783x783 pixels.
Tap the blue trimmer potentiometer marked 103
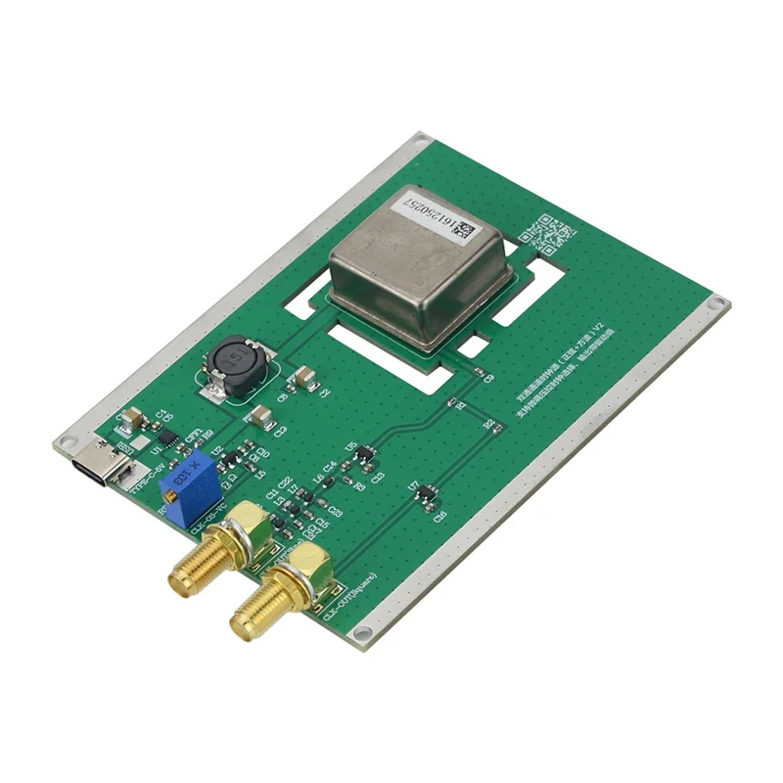188,480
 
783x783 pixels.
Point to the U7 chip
425,496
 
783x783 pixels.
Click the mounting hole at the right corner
719,305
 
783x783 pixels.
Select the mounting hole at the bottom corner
362,633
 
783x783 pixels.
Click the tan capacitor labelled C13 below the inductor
261,418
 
